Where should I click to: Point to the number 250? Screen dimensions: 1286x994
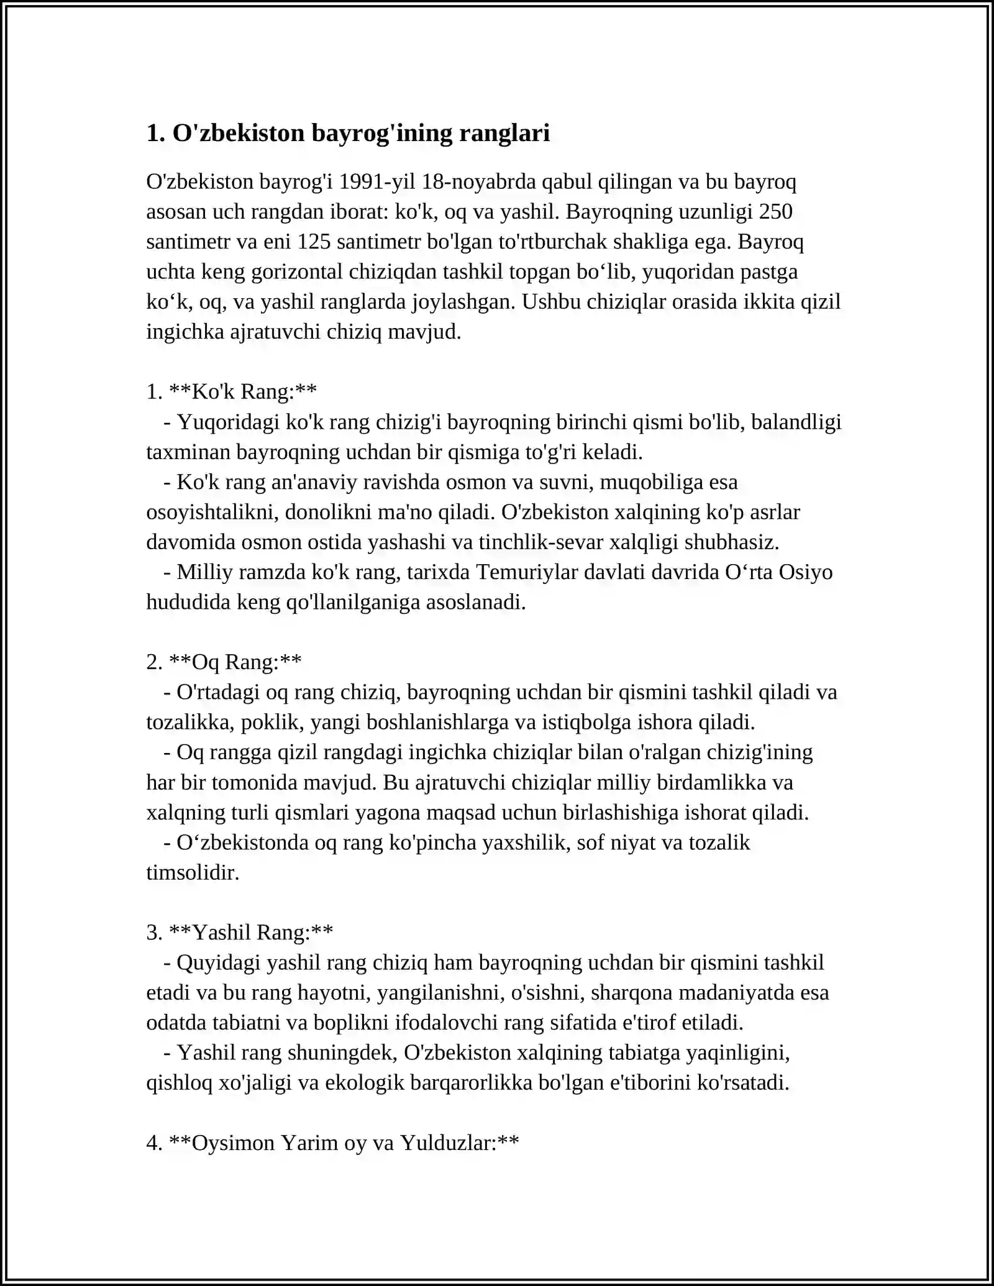click(x=775, y=211)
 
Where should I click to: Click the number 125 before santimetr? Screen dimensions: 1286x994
click(x=314, y=241)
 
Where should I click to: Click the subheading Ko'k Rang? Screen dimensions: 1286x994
click(x=243, y=391)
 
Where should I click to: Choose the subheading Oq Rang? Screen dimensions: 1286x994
click(x=235, y=662)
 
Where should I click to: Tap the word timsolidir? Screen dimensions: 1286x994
click(x=193, y=872)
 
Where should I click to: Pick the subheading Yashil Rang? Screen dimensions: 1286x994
click(x=251, y=933)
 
